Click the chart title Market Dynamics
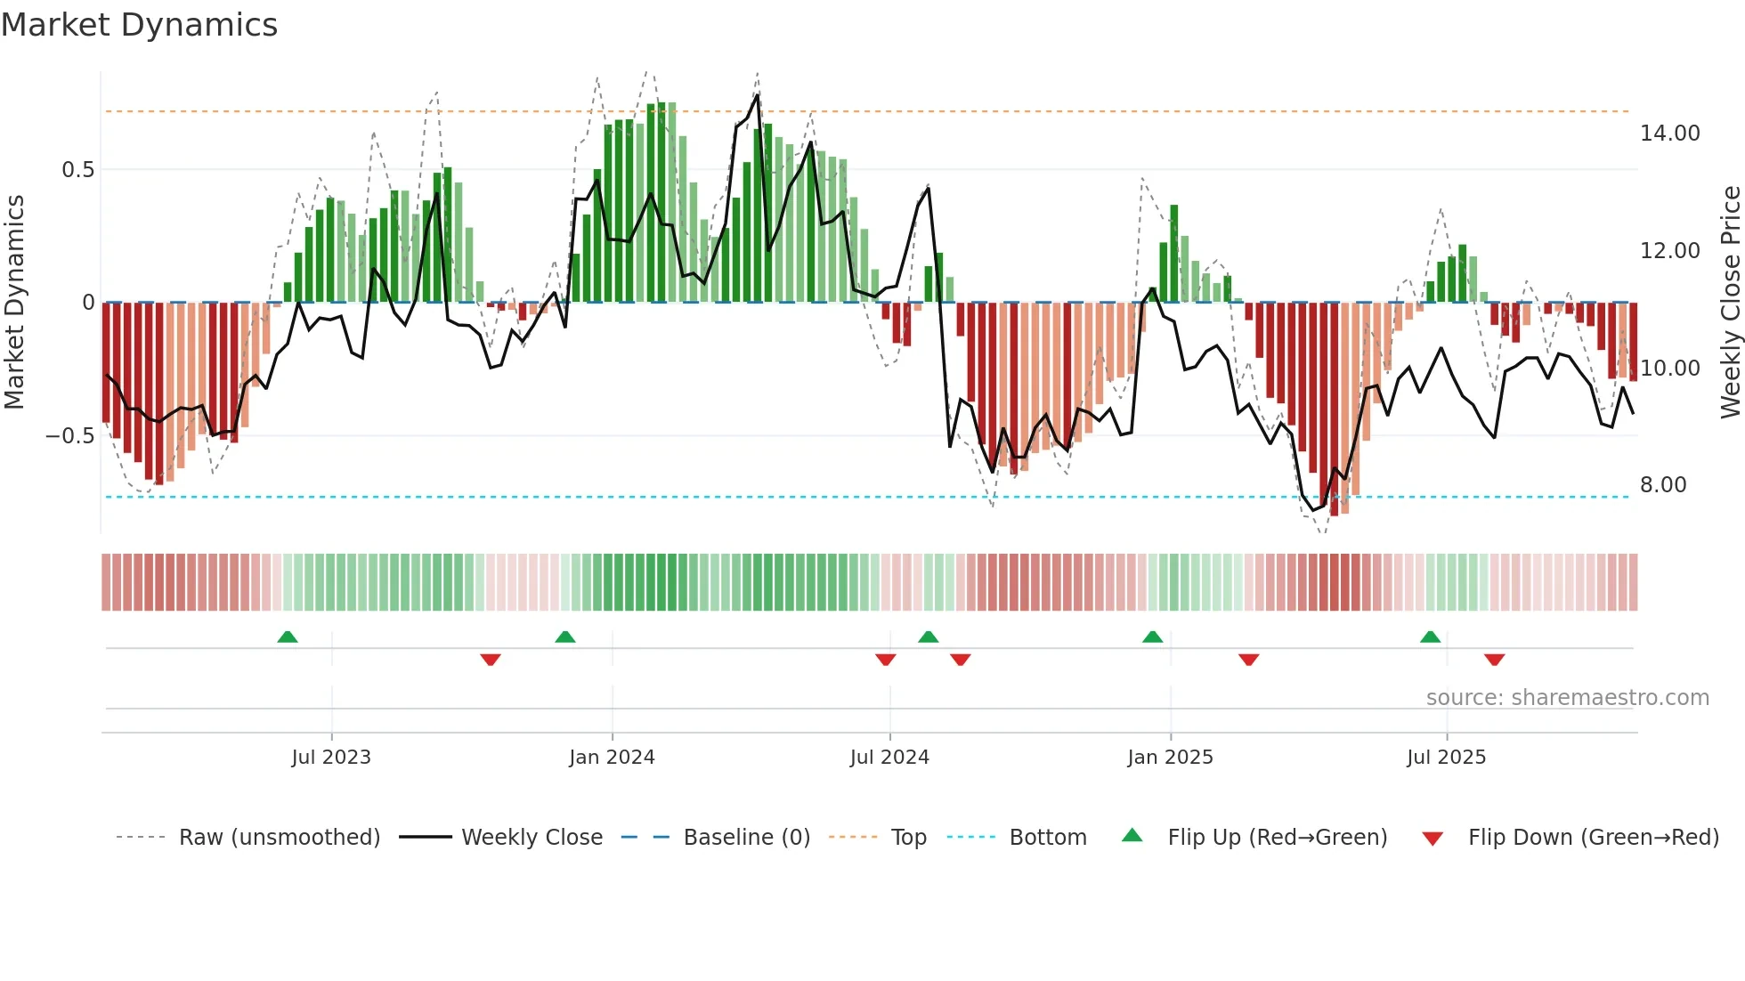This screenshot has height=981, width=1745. click(x=139, y=25)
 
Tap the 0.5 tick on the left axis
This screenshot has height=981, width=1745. click(x=77, y=170)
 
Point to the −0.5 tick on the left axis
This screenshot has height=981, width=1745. click(x=69, y=436)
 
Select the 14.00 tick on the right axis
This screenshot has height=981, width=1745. click(x=1669, y=134)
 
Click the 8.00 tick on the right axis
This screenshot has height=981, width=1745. click(x=1663, y=485)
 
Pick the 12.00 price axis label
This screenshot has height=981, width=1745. click(x=1669, y=251)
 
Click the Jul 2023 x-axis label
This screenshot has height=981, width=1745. click(x=331, y=758)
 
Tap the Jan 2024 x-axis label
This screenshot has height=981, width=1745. click(x=612, y=758)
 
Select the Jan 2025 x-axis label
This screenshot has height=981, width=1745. click(x=1170, y=758)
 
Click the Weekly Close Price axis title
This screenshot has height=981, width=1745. click(x=1730, y=303)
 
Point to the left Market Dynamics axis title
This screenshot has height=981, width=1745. click(x=14, y=303)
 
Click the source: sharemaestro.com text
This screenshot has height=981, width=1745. click(x=1567, y=698)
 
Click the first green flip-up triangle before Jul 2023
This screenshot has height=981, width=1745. click(x=287, y=637)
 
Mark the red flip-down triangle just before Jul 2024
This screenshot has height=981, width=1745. click(x=885, y=660)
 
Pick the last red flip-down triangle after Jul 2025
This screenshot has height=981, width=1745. click(x=1494, y=660)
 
